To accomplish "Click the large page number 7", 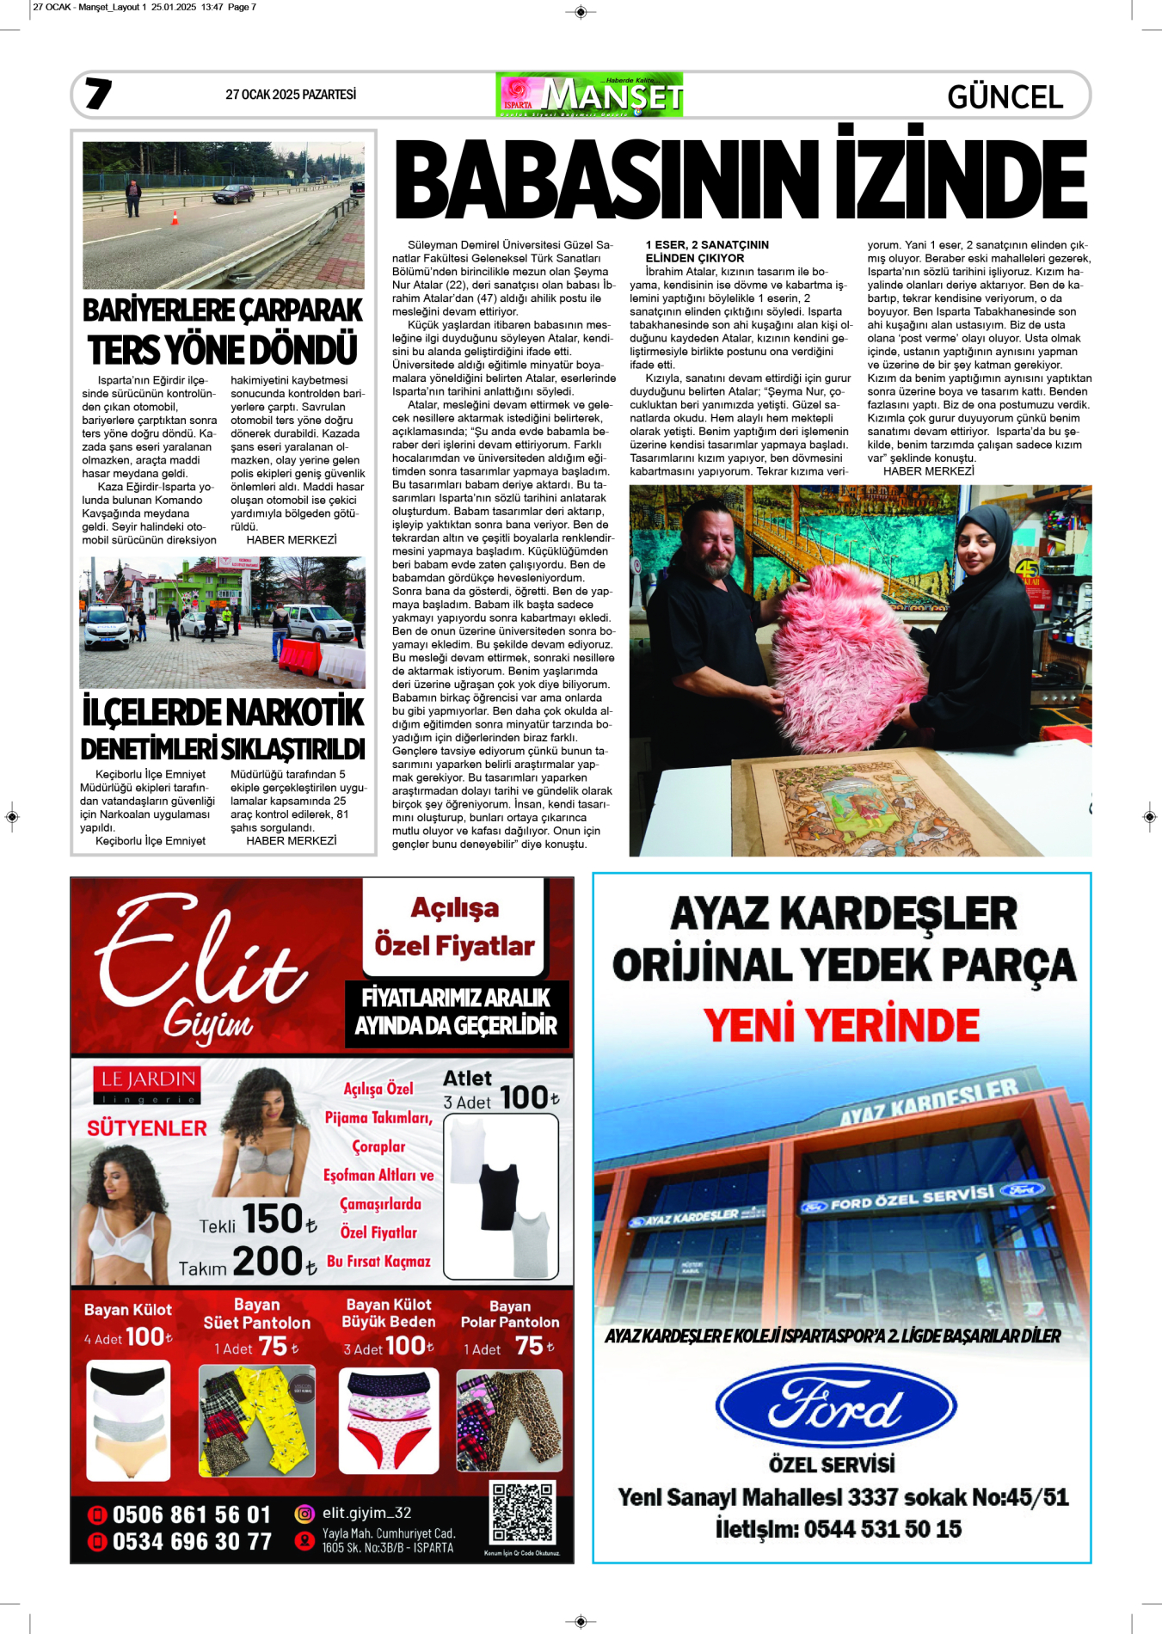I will [98, 94].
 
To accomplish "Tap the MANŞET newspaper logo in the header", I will [590, 95].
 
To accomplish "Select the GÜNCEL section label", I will [1005, 97].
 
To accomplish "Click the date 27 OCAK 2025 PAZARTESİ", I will [291, 95].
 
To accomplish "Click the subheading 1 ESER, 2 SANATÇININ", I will [707, 245].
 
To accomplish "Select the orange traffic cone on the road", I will [175, 218].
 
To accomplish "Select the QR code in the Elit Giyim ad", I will [522, 1512].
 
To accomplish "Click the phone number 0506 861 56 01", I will [191, 1514].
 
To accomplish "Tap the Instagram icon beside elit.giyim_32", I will [304, 1514].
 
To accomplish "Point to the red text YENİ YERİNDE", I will [841, 1025].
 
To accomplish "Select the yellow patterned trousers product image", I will [257, 1421].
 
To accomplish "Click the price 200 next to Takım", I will [268, 1262].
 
